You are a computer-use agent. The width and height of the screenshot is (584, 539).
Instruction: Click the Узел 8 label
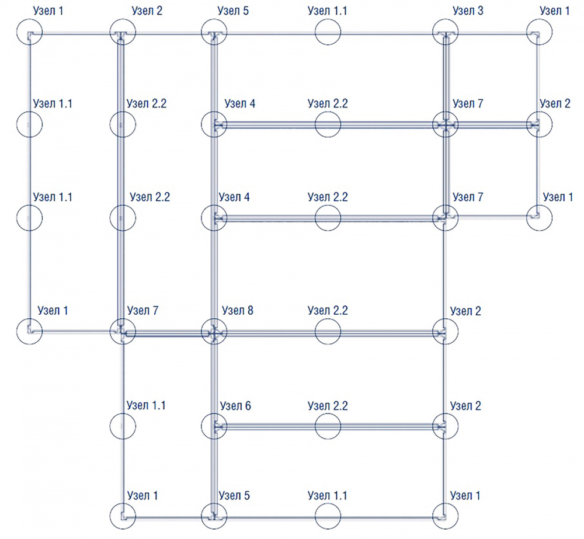coord(237,310)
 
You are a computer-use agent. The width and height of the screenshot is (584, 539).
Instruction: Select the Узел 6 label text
coord(235,405)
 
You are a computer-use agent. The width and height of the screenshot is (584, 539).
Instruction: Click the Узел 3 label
coord(468,11)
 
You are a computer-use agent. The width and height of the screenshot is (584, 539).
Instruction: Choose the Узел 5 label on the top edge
coord(233,11)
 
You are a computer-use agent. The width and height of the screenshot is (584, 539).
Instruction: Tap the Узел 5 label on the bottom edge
coord(234,495)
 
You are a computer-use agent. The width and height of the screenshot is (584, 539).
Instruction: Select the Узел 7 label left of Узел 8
coord(142,310)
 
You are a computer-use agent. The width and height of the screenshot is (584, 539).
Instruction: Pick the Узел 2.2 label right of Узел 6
coord(328,405)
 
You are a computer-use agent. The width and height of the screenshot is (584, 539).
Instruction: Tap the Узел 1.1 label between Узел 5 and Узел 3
coord(328,11)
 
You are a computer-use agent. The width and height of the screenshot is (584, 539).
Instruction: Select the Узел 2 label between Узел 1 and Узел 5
coord(147,11)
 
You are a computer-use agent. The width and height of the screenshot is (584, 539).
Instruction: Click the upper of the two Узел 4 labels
coord(240,103)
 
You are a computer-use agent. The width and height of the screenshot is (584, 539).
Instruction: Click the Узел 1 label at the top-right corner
coord(555,11)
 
